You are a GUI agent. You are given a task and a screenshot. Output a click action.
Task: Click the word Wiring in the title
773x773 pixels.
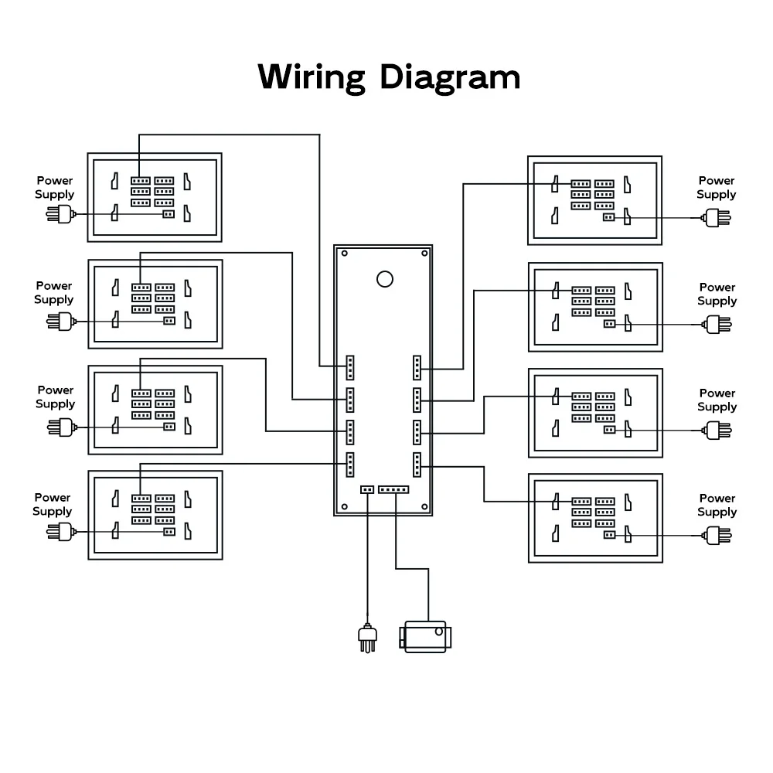(311, 77)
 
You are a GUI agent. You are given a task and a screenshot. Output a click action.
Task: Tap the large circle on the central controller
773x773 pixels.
(383, 279)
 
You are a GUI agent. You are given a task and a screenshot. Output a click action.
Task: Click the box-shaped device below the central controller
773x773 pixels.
(425, 637)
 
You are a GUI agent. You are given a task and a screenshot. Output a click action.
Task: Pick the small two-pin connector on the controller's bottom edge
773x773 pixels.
(366, 489)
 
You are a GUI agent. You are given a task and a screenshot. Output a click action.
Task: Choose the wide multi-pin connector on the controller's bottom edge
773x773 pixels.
(393, 489)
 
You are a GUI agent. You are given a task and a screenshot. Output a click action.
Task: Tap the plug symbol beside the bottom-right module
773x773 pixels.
(715, 533)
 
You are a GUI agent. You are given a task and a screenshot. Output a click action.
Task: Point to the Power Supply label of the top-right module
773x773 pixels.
(716, 187)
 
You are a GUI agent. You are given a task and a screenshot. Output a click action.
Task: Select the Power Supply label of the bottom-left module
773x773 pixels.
(53, 505)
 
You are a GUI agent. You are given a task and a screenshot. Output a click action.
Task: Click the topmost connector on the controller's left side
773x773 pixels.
(349, 368)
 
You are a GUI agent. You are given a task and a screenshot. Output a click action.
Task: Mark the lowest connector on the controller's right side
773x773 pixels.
(417, 465)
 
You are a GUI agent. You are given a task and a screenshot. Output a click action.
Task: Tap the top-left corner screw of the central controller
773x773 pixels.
(344, 253)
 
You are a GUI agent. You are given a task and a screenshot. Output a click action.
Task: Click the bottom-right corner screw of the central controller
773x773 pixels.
(424, 507)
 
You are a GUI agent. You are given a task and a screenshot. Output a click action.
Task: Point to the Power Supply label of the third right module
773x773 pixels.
(717, 400)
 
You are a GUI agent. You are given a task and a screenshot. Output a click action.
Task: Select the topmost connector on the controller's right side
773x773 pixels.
(417, 368)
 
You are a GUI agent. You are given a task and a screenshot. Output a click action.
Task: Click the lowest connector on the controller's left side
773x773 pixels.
(349, 464)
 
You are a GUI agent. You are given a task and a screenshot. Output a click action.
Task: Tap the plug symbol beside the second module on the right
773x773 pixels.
(715, 324)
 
